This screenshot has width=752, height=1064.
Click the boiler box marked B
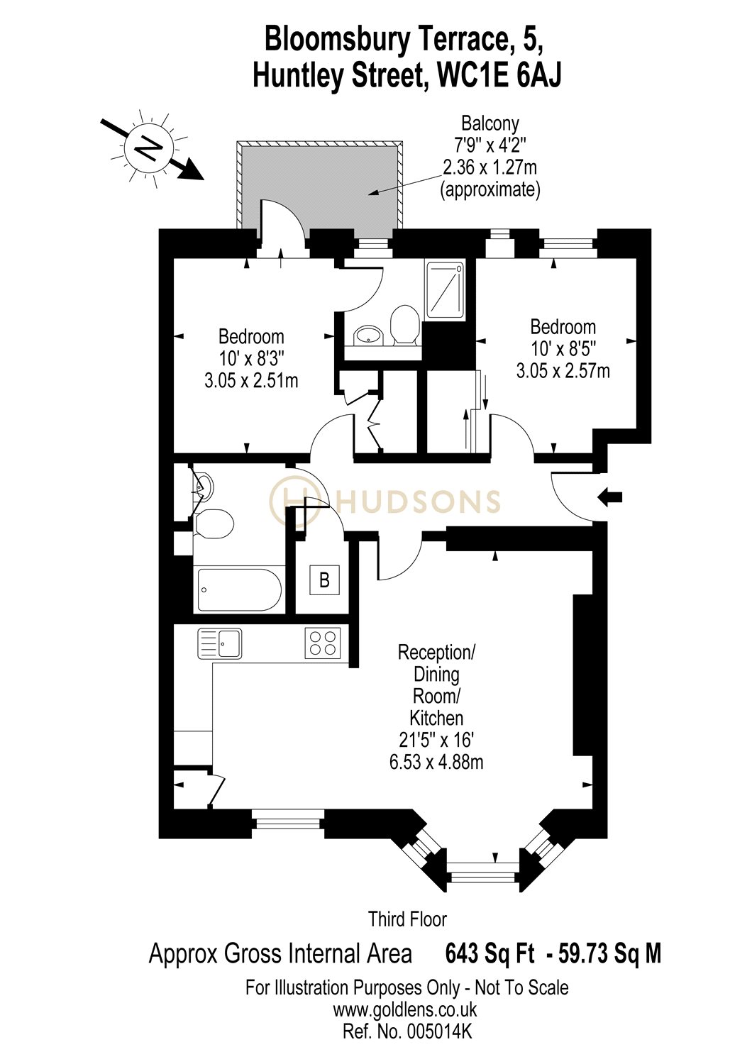click(324, 580)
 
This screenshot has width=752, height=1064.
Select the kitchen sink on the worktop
click(220, 643)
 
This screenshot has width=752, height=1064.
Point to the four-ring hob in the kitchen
click(323, 643)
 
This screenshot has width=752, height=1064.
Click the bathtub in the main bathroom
click(238, 589)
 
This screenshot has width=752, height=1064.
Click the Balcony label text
click(490, 123)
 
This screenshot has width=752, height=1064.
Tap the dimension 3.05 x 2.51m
click(251, 381)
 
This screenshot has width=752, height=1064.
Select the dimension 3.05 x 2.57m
click(563, 371)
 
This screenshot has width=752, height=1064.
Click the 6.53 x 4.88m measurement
click(436, 763)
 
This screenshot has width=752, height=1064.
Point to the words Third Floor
click(407, 920)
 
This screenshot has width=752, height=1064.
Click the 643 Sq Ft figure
click(490, 954)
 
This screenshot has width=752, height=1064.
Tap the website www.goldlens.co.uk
click(405, 1009)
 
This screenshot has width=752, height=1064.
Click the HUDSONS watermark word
click(419, 501)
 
